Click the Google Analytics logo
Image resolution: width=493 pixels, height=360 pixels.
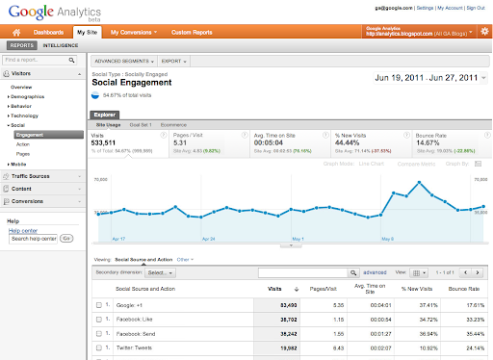click(x=43, y=13)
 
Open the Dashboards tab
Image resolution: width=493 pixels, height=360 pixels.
click(x=50, y=32)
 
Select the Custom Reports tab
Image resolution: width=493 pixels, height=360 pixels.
click(x=192, y=32)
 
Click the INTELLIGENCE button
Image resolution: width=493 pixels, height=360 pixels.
click(x=61, y=45)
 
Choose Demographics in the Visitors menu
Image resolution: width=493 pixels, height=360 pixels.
click(x=30, y=97)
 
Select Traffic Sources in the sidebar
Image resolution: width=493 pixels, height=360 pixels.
click(x=31, y=176)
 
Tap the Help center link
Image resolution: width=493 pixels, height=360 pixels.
click(x=21, y=230)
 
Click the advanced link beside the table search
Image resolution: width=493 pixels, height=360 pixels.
click(x=376, y=272)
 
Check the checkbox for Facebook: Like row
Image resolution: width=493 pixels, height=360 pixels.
click(x=99, y=319)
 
